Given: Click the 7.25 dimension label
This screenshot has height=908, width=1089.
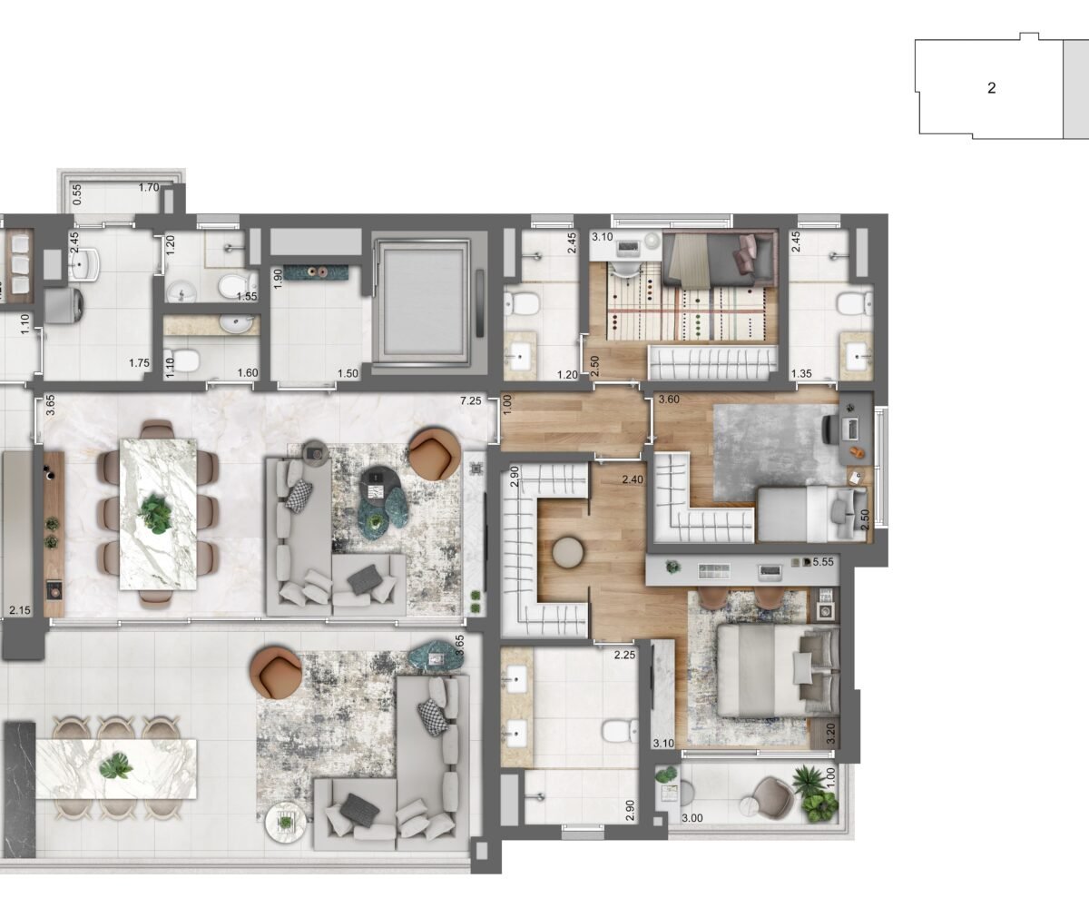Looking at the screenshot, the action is point(470,400).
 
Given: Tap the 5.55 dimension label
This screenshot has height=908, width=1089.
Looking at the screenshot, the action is point(823,562).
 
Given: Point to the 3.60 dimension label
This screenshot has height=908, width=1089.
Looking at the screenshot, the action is point(669,400).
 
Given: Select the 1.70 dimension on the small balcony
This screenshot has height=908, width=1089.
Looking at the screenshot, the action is point(149,187).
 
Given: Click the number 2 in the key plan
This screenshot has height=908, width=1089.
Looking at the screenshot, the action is point(992,88).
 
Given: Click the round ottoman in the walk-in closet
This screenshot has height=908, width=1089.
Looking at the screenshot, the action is point(568,553).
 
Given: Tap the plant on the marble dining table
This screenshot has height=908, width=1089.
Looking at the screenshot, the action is point(155,513).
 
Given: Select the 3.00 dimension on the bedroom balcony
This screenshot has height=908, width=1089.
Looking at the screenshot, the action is point(692,819).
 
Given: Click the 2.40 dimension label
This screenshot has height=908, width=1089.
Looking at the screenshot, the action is point(633,479).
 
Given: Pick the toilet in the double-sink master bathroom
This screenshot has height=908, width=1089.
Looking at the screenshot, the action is point(620,731).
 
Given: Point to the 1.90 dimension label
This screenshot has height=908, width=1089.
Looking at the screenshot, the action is point(278,279).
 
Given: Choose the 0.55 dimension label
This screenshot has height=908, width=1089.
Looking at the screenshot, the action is point(77,194).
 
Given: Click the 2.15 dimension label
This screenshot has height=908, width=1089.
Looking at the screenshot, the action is point(20,610).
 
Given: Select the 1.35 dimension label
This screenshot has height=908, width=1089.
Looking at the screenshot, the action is point(801,373).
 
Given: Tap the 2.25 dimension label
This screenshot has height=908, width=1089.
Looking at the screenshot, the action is point(624,655).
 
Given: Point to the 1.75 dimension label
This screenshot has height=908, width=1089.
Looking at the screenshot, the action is point(139,362).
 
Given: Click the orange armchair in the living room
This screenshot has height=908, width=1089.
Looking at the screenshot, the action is point(435,454).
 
